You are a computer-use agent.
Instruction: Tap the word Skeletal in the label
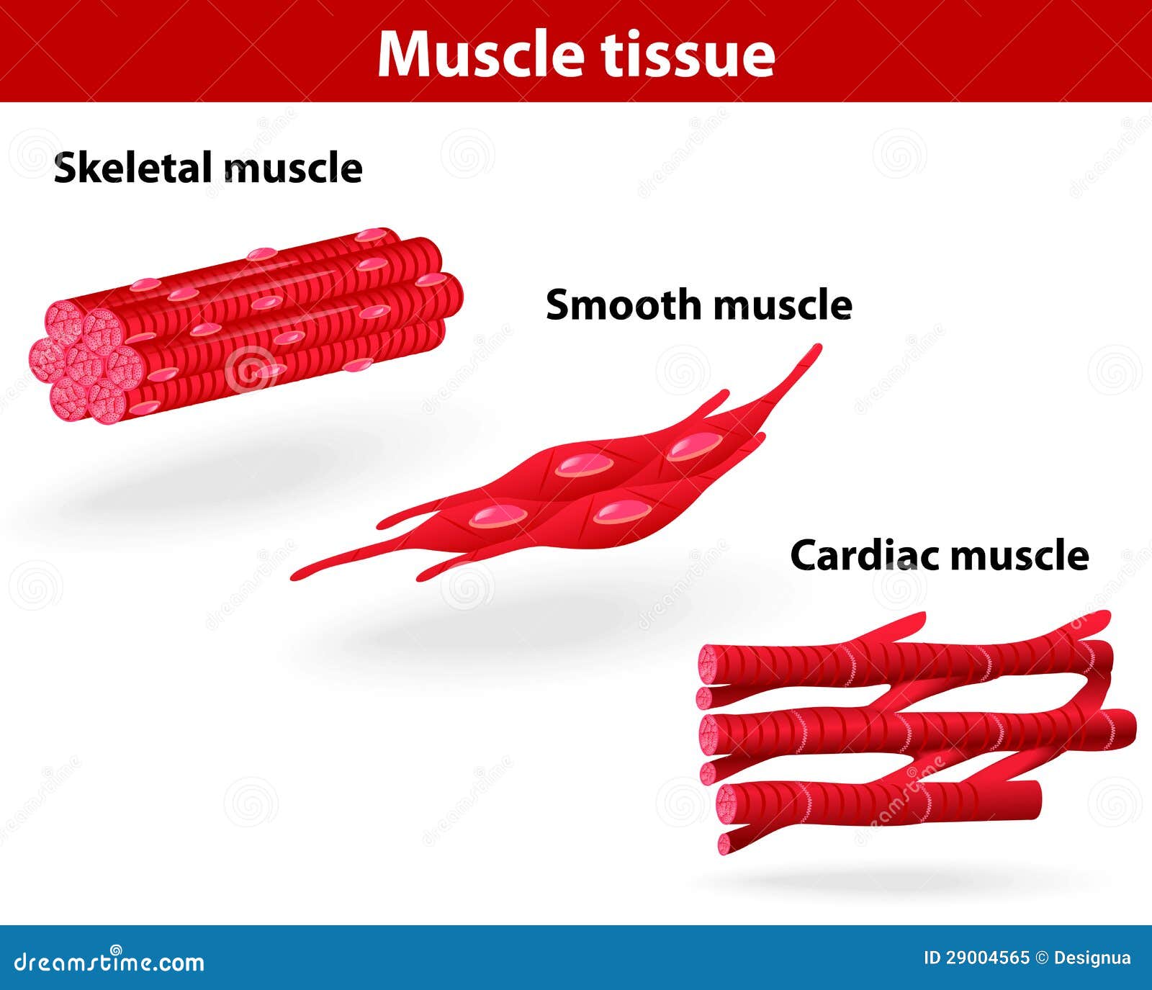[134, 168]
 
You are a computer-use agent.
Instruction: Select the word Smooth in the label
[624, 305]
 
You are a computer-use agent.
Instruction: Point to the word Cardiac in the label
[865, 555]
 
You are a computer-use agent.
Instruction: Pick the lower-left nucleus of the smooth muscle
[498, 515]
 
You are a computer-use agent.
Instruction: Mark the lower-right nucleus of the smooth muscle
[621, 511]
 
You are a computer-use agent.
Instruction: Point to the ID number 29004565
[986, 958]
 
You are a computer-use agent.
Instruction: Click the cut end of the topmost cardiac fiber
[714, 663]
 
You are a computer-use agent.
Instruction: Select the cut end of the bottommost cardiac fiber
[726, 843]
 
